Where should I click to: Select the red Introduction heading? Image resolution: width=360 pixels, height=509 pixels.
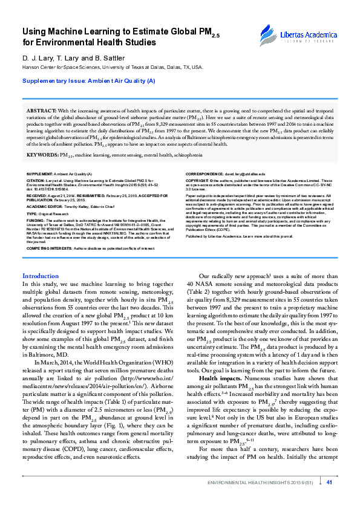tap(41, 276)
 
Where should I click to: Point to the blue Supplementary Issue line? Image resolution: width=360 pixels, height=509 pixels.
tap(89, 80)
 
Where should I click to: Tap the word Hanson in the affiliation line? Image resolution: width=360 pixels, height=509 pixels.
tap(31, 68)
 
